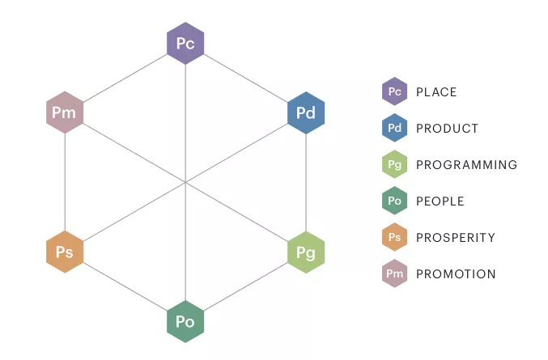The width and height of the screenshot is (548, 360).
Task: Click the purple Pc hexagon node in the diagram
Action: (185, 43)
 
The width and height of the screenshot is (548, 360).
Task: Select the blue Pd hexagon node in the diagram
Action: (306, 112)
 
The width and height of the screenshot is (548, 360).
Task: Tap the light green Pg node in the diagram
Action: (306, 252)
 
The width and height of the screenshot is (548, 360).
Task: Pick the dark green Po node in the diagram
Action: (185, 322)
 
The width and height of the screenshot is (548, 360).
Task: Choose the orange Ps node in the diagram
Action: (65, 252)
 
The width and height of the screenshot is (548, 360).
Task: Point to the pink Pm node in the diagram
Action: (65, 112)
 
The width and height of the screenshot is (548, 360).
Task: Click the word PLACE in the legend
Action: (436, 92)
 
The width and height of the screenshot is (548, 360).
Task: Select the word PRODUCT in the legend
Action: (447, 129)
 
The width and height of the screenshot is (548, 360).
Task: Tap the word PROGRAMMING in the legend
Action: (466, 165)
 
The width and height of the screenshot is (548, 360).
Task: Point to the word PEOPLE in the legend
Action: (440, 201)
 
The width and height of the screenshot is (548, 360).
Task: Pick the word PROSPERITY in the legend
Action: (456, 238)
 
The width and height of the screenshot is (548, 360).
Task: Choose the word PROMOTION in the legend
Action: (456, 274)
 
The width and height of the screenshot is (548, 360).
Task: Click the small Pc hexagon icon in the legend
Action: (394, 91)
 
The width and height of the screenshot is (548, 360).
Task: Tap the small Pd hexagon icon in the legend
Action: (394, 128)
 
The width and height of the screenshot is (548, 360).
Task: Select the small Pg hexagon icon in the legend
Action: (394, 164)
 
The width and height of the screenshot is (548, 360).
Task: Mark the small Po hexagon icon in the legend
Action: (394, 201)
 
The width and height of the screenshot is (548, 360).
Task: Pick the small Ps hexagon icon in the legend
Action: (394, 237)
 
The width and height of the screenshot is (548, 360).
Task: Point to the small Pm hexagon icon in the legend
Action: (394, 273)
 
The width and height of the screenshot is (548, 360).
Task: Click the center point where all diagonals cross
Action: (185, 182)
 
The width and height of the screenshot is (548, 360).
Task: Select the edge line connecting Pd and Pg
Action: (306, 183)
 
